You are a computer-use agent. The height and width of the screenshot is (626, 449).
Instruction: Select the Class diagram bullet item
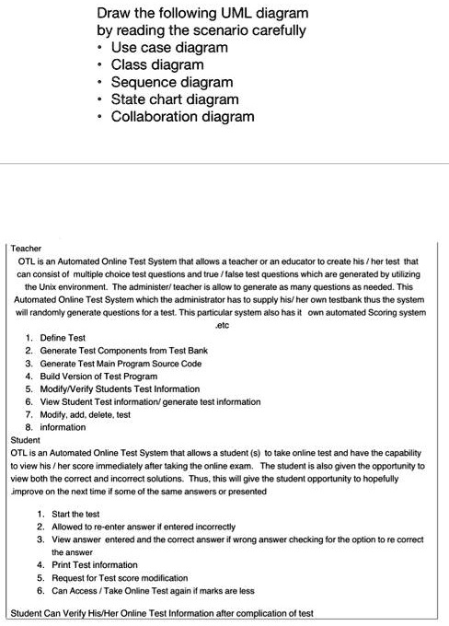[157, 64]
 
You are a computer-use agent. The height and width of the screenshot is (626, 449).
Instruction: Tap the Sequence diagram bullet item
[172, 82]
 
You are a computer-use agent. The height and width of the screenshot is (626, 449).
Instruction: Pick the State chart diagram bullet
[175, 99]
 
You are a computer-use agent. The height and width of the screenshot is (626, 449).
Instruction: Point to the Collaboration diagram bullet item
[182, 117]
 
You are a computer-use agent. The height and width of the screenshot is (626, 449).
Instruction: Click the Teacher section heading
[26, 249]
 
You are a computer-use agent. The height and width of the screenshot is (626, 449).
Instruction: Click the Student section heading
[25, 440]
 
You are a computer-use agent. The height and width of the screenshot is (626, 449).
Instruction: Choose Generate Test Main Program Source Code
[125, 364]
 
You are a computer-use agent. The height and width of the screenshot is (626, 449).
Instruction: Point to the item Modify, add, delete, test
[91, 415]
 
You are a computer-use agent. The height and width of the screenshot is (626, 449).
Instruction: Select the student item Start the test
[74, 514]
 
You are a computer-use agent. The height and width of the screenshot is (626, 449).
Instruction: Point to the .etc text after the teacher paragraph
[221, 325]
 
